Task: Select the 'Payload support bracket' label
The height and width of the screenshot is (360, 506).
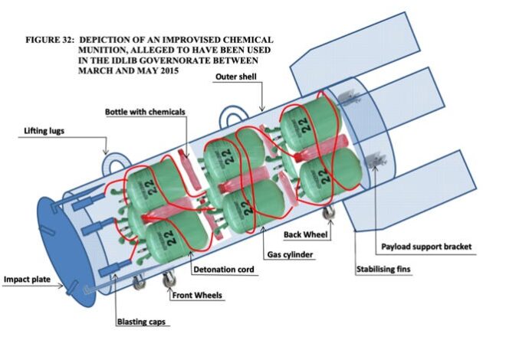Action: (426, 247)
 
